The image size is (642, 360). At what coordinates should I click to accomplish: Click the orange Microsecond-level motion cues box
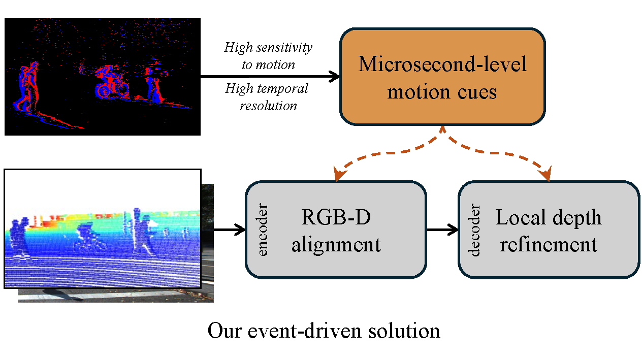coord(442,76)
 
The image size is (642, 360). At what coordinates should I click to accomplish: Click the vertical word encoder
coord(263,230)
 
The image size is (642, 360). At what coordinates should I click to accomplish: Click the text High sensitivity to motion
coord(268,56)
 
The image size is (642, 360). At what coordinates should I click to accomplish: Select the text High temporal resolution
coord(267,97)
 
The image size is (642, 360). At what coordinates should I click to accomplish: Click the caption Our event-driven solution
coord(324,331)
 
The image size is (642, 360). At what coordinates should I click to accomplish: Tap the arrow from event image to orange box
coord(269,77)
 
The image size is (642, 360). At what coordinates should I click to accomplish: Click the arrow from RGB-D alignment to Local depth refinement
coord(442,230)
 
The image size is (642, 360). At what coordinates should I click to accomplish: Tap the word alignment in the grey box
coord(336,244)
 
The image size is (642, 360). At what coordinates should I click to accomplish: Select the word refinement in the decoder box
coord(549,244)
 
